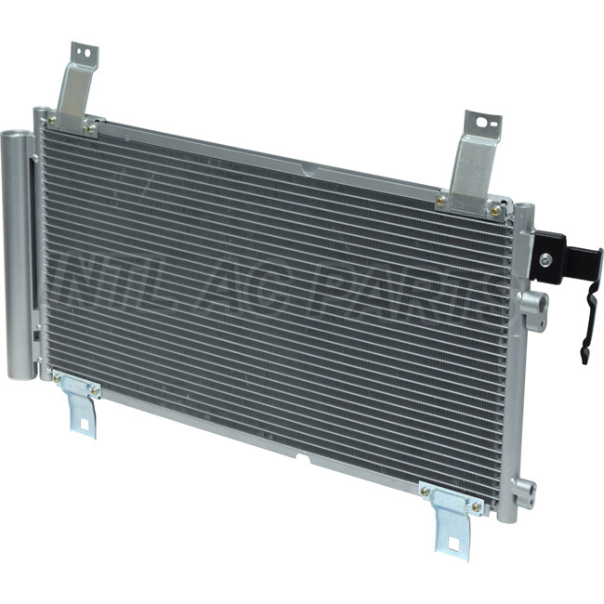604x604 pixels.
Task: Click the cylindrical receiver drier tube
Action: (x=20, y=255)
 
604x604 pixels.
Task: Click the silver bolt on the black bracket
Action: (x=545, y=260)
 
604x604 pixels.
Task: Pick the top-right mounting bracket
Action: (x=473, y=165)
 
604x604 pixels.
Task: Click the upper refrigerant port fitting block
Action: (x=534, y=311)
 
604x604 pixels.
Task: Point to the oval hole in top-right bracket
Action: (x=482, y=123)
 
